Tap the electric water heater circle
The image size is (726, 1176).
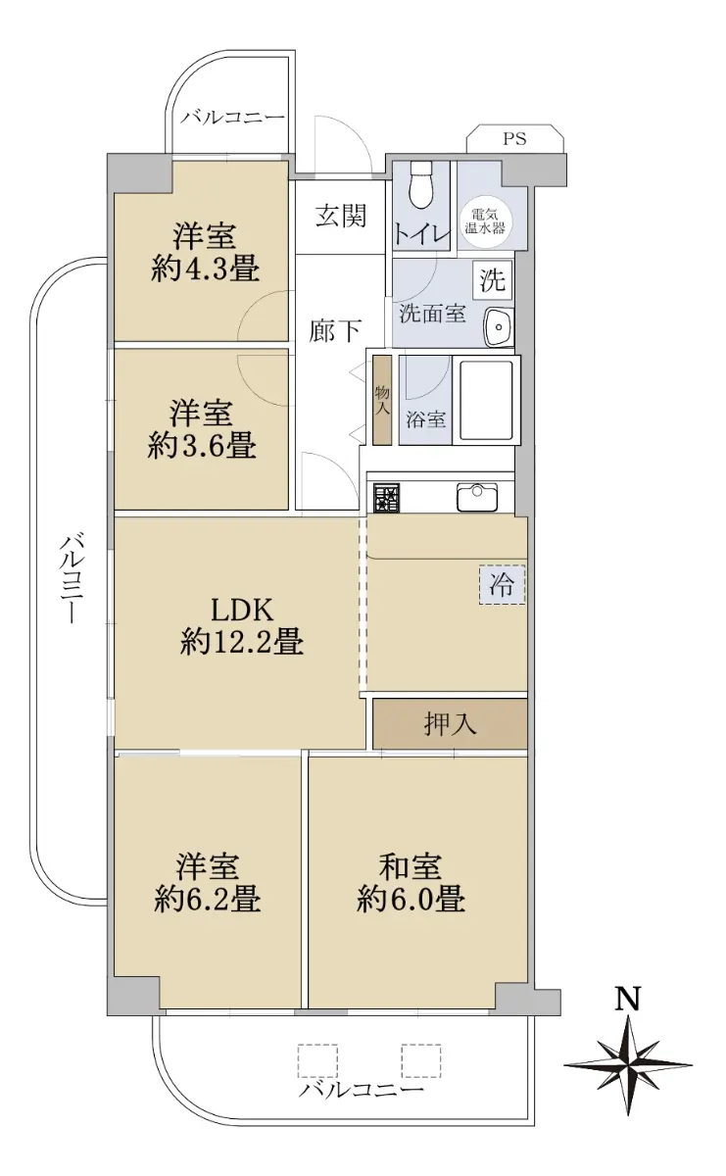point(485,221)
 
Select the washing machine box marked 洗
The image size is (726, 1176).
point(494,278)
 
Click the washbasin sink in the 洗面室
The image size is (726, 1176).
point(498,326)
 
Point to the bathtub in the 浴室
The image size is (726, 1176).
point(486,400)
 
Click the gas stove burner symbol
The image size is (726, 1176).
point(386,497)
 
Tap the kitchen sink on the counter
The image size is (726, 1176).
point(476,497)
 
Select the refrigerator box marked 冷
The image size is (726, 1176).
point(502,585)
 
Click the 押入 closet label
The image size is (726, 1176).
point(450,724)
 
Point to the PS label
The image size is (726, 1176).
point(514,139)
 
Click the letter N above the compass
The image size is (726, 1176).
point(628,999)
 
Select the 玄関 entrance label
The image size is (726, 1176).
point(341,216)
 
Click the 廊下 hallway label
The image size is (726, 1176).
point(334,331)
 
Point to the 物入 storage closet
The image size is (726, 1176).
point(382,400)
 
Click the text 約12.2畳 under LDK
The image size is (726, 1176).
point(241,643)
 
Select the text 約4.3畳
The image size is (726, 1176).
point(205,270)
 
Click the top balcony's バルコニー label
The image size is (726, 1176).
point(232,117)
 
